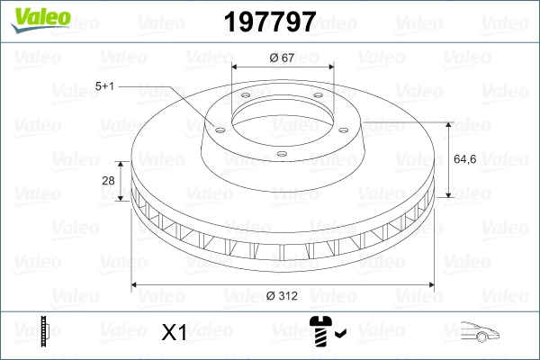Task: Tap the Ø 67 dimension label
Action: pos(283,58)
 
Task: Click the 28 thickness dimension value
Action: pos(108,181)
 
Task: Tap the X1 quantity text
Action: pos(173,333)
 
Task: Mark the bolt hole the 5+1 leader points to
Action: pos(218,126)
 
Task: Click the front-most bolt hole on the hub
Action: pos(281,155)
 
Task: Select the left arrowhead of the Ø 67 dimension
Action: pos(235,67)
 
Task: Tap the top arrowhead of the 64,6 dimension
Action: pos(447,124)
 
